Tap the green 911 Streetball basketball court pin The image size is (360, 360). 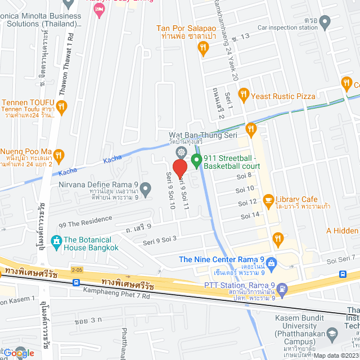(196, 161)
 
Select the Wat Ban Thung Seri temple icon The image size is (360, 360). (181, 152)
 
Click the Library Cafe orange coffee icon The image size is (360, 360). (268, 200)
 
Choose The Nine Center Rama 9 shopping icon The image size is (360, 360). (272, 263)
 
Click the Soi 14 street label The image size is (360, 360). (249, 215)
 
